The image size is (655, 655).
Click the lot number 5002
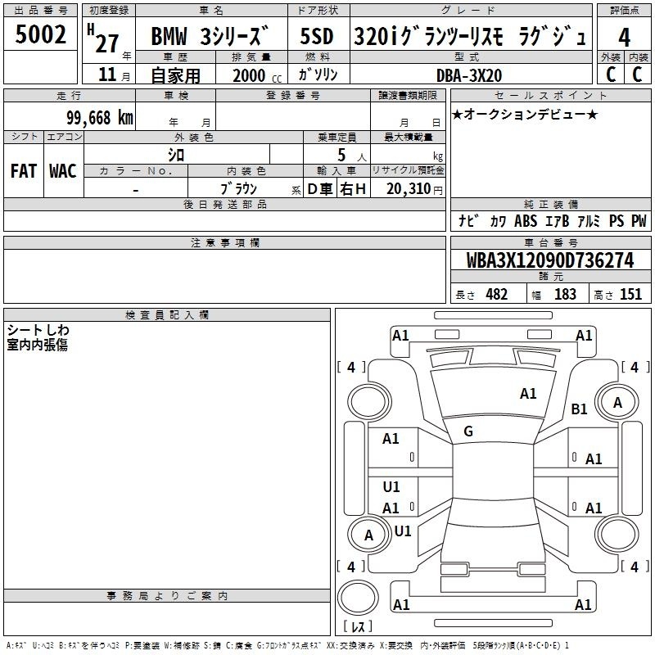[40, 34]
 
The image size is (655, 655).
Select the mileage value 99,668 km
[100, 118]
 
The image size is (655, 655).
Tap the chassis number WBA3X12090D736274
[550, 260]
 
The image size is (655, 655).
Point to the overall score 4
[624, 38]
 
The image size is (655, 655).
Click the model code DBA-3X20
[469, 75]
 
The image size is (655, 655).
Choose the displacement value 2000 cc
[257, 76]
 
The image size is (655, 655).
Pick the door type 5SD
[317, 36]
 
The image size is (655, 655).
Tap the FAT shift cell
[24, 171]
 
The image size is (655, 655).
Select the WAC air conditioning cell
[63, 171]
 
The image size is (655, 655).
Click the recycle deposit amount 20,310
[409, 189]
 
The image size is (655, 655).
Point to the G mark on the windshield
[468, 431]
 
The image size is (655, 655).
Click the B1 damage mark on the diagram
[579, 409]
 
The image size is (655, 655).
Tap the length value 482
[496, 294]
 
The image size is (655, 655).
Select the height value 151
[630, 294]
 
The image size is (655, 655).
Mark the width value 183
[565, 294]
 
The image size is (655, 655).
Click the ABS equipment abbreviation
[526, 221]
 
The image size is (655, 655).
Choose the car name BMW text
[169, 36]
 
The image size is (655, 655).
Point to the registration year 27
[107, 43]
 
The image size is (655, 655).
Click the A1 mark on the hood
[528, 394]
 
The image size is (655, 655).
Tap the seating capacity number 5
[341, 155]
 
